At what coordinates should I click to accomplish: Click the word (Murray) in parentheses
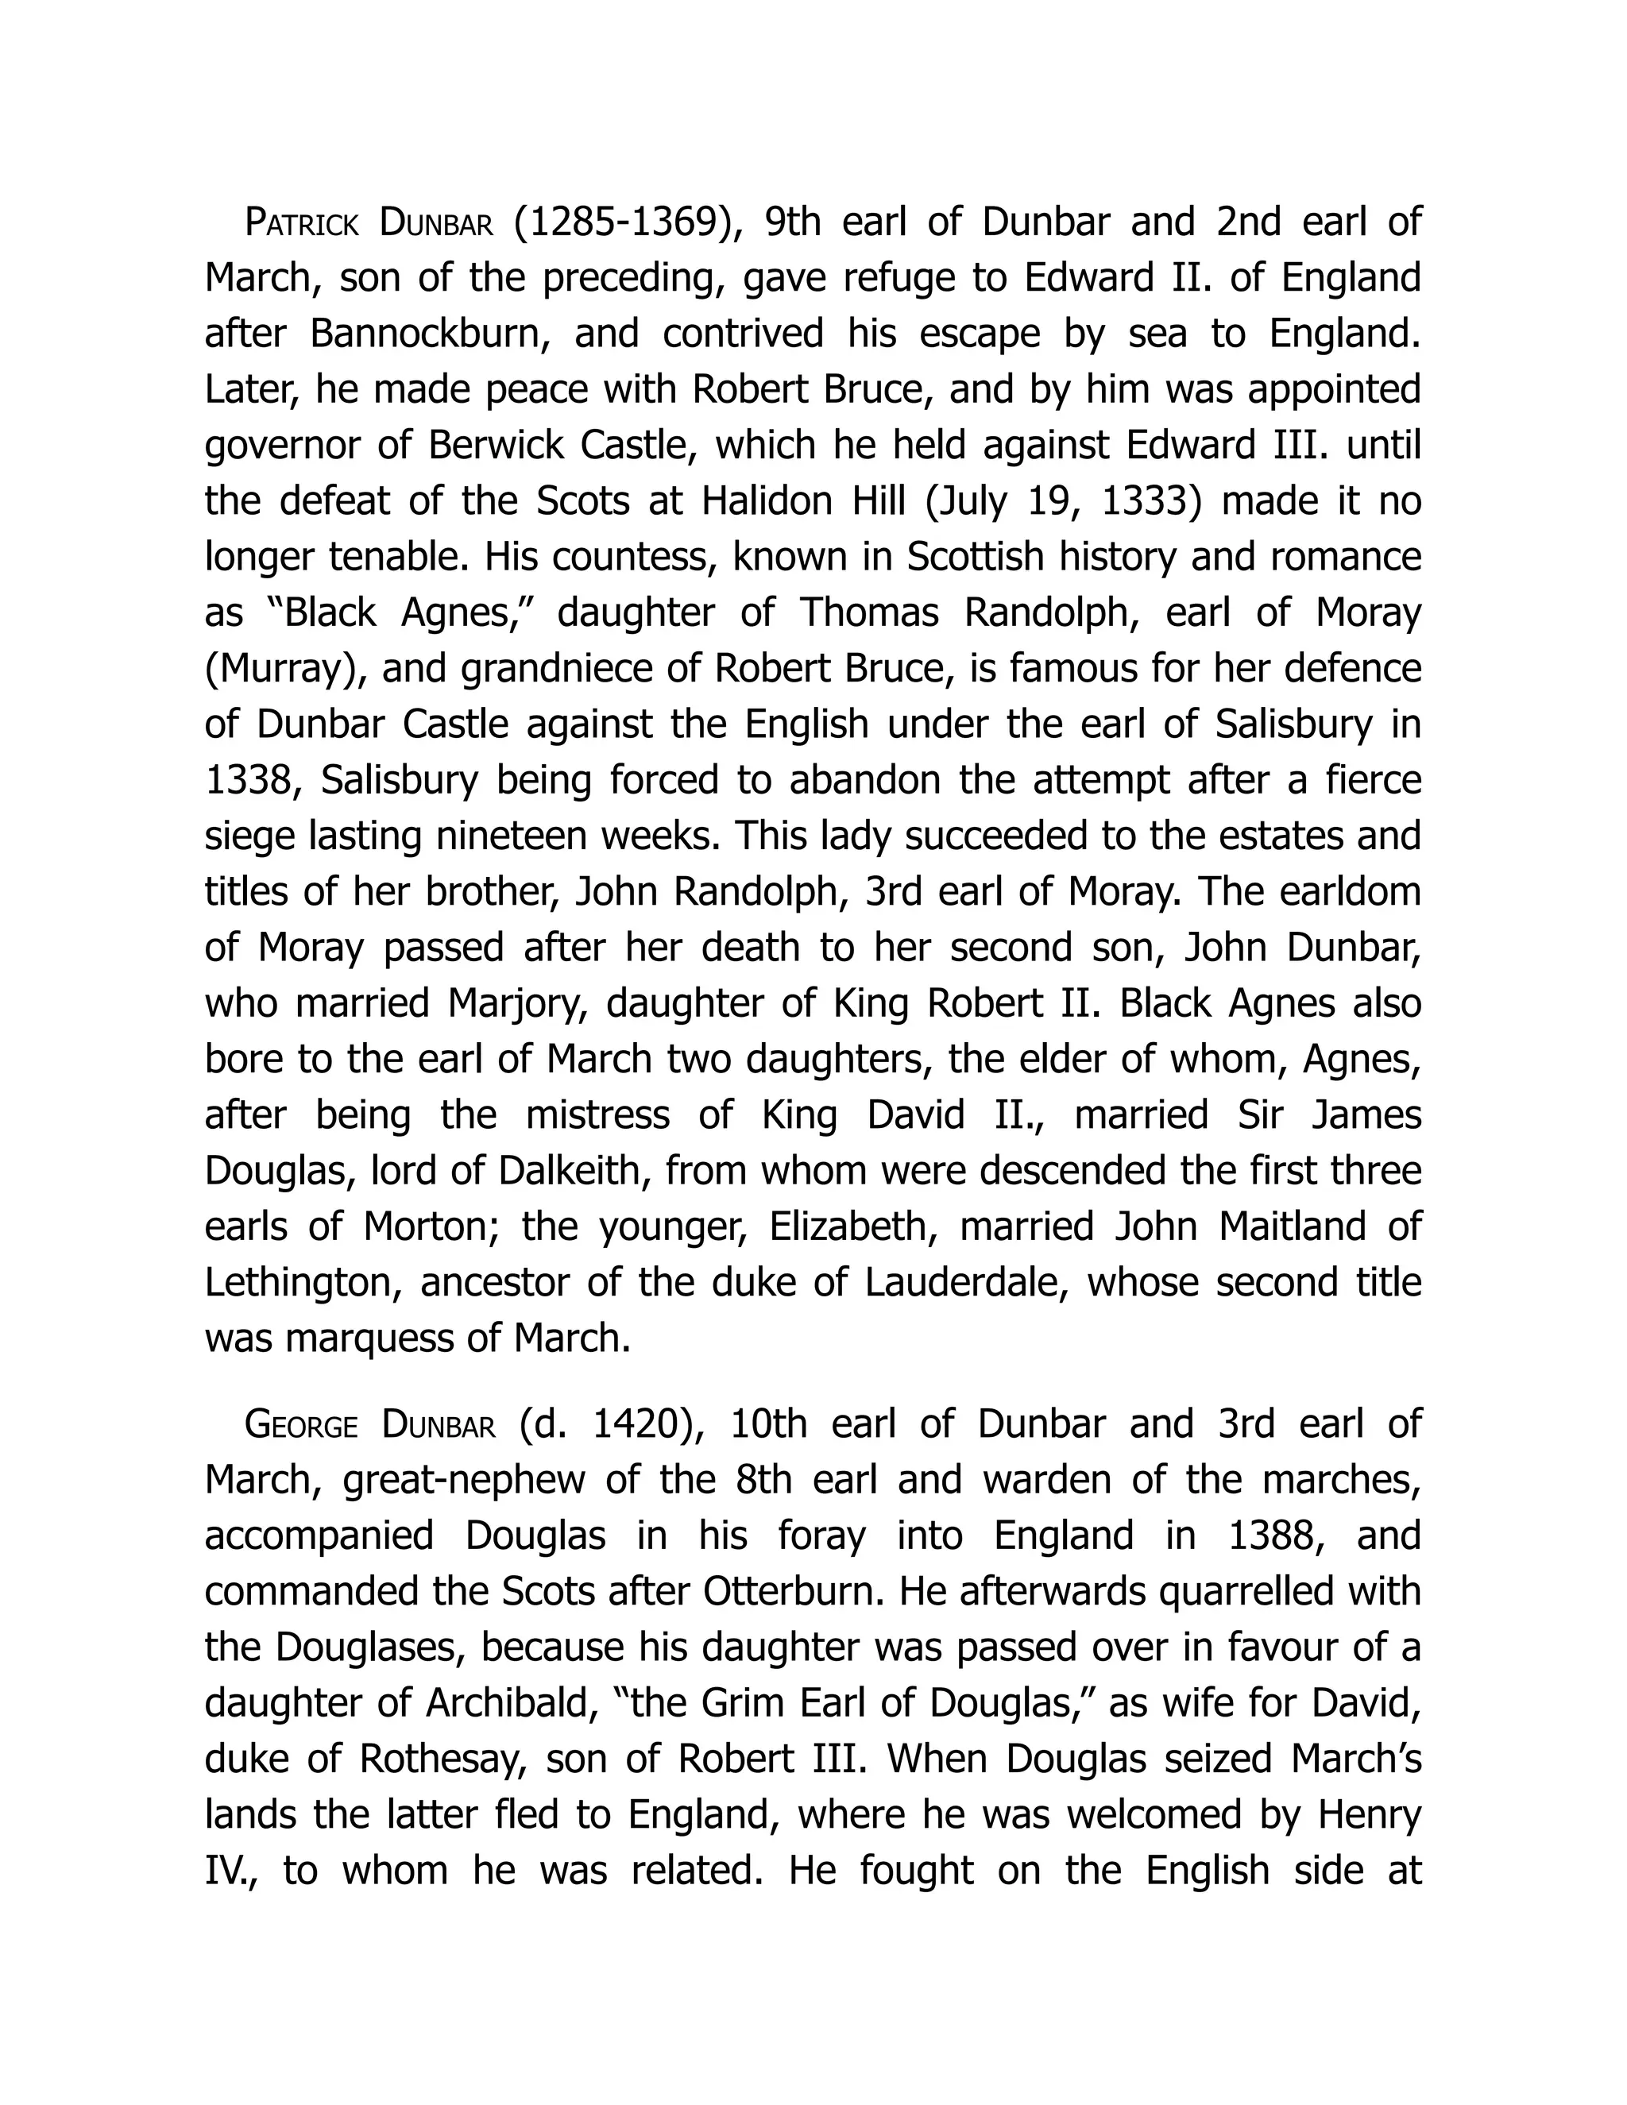pyautogui.click(x=285, y=670)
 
